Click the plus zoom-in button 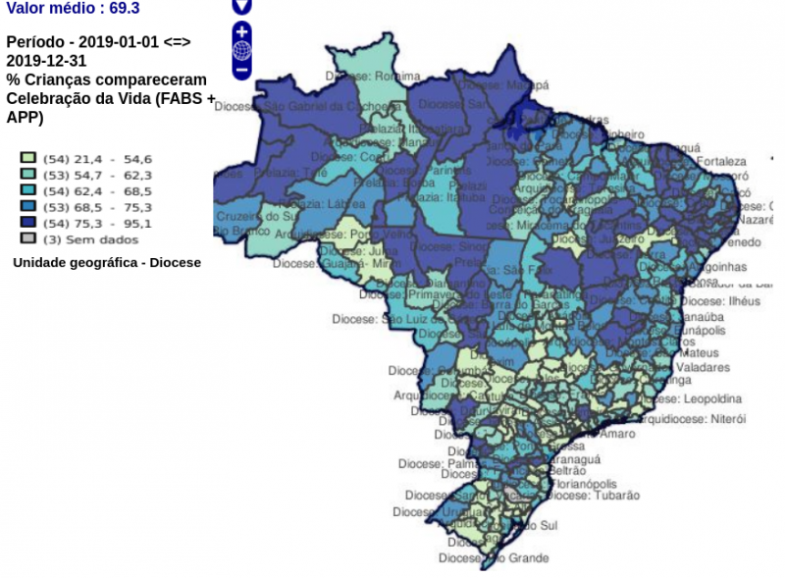pyautogui.click(x=241, y=31)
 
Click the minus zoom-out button pyautogui.click(x=241, y=71)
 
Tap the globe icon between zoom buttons pyautogui.click(x=241, y=51)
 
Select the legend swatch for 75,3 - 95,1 pyautogui.click(x=28, y=223)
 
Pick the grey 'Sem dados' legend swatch pyautogui.click(x=28, y=238)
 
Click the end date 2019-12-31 pyautogui.click(x=46, y=61)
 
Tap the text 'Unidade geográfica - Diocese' pyautogui.click(x=107, y=263)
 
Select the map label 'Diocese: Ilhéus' pyautogui.click(x=719, y=301)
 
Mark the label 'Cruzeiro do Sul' pyautogui.click(x=255, y=216)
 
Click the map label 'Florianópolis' pyautogui.click(x=584, y=484)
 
